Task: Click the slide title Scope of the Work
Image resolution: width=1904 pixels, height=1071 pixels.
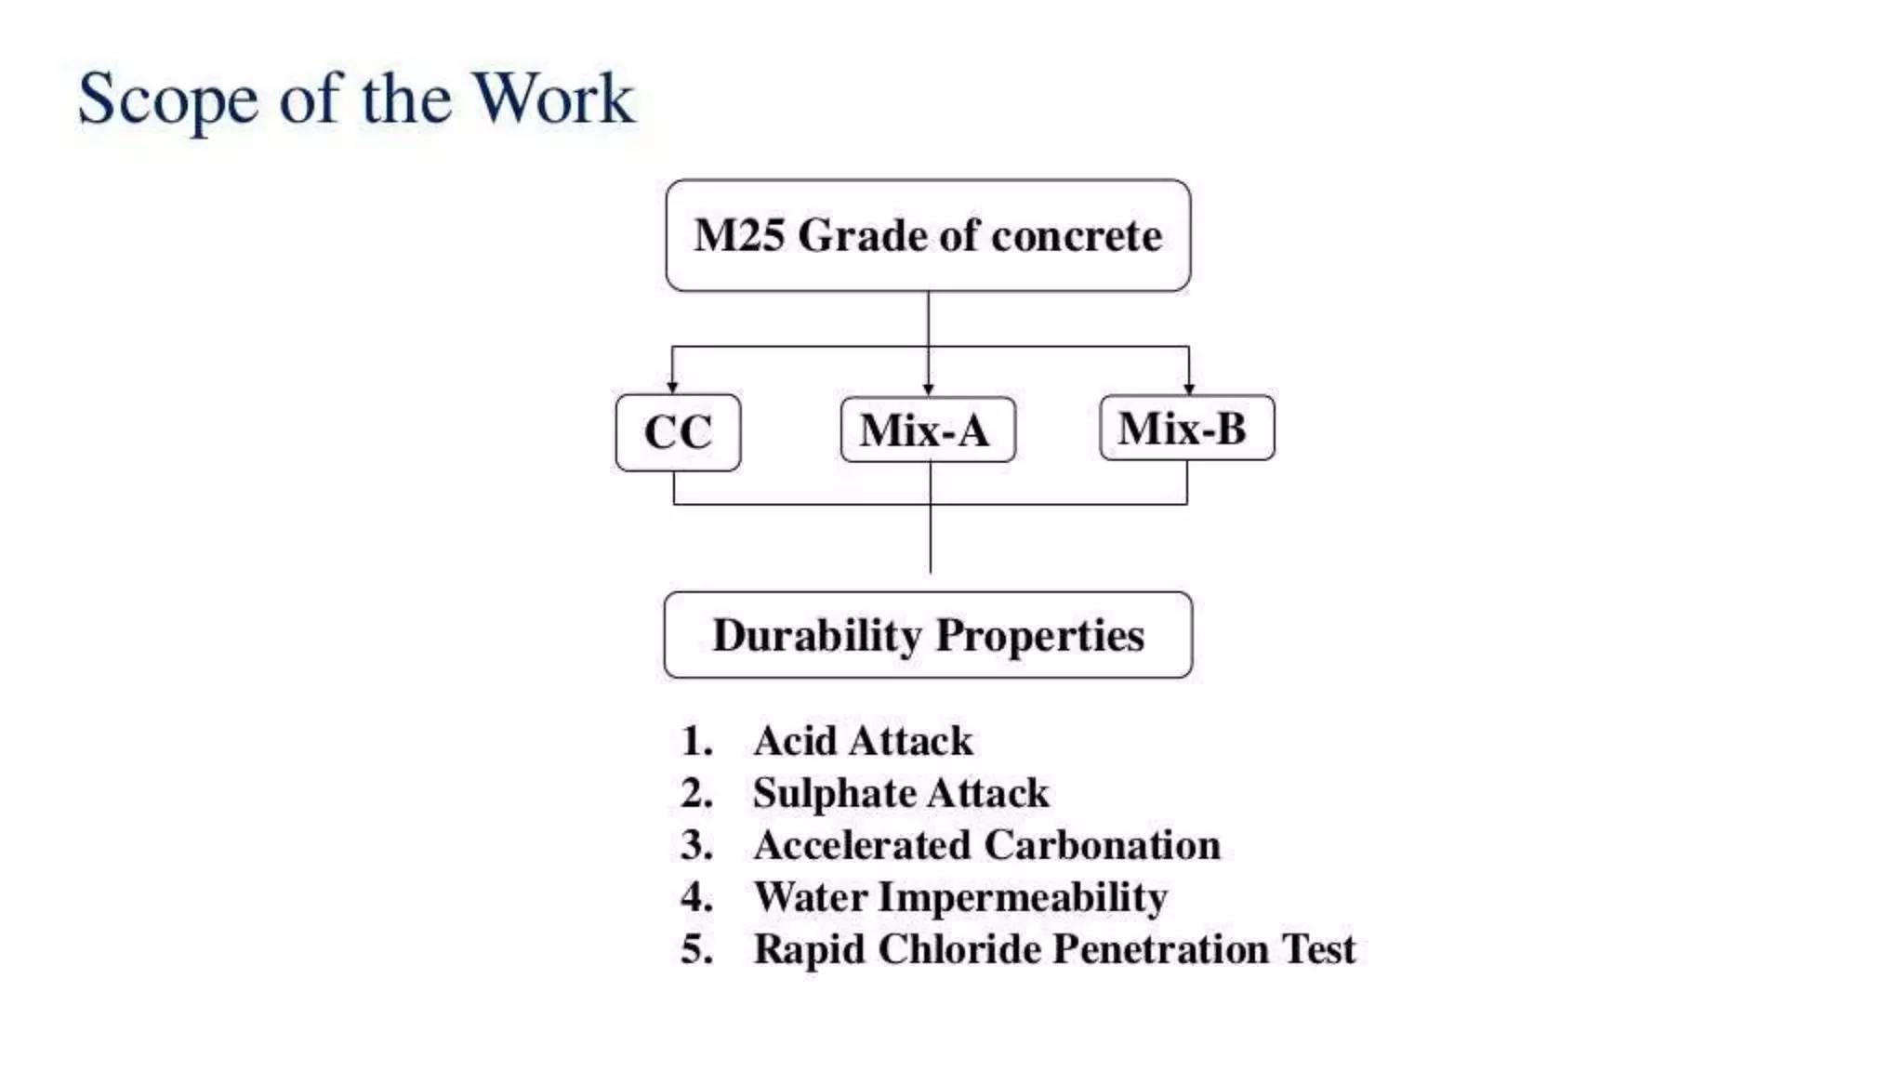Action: click(356, 99)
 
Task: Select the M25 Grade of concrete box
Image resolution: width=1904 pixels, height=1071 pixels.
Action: click(928, 236)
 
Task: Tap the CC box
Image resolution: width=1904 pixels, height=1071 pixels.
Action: click(678, 432)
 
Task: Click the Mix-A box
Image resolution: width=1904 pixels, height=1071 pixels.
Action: click(927, 430)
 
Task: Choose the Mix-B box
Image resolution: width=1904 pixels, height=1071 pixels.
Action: click(1186, 428)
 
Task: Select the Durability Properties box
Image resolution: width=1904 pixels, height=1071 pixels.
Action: click(928, 635)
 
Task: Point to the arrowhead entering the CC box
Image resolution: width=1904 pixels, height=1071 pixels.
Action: click(672, 387)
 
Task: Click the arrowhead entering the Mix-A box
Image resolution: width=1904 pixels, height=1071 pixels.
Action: click(928, 390)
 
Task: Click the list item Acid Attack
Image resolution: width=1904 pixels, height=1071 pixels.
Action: click(863, 741)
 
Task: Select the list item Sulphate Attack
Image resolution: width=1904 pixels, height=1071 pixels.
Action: click(900, 793)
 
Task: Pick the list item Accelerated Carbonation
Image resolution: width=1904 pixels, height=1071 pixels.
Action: click(986, 845)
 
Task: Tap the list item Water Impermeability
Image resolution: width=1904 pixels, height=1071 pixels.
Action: click(959, 897)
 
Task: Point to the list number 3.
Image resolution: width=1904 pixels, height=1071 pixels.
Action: click(695, 845)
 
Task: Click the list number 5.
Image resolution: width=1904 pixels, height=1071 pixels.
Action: click(695, 949)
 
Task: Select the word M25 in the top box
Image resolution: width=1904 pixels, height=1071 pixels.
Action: click(739, 236)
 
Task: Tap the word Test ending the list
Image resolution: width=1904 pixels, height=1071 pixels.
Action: click(1318, 949)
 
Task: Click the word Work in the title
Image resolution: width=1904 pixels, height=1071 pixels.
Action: click(554, 99)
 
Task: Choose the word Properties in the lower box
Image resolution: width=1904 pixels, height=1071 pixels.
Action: click(1038, 637)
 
